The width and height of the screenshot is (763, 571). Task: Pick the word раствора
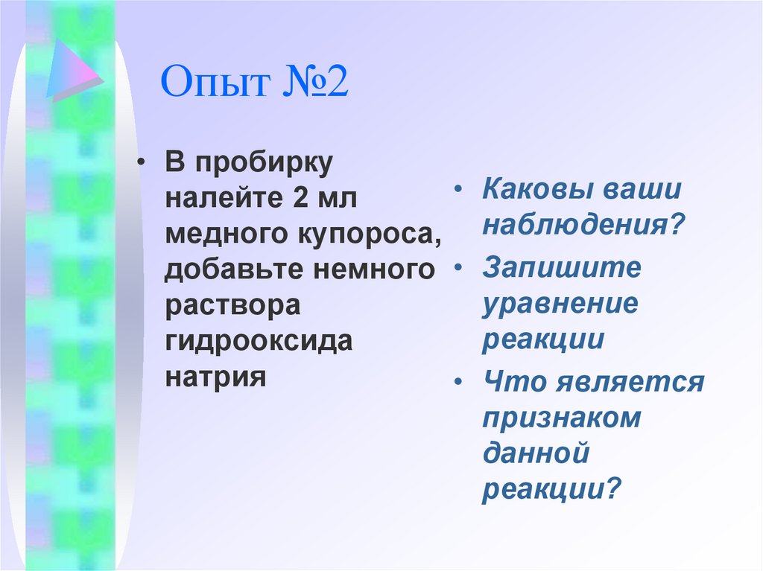click(232, 304)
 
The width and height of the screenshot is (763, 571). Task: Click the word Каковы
click(529, 189)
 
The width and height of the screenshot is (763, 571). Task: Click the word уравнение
click(560, 304)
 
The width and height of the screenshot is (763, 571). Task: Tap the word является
click(629, 383)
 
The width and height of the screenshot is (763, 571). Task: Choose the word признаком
click(562, 418)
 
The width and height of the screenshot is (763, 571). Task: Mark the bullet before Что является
click(460, 382)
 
